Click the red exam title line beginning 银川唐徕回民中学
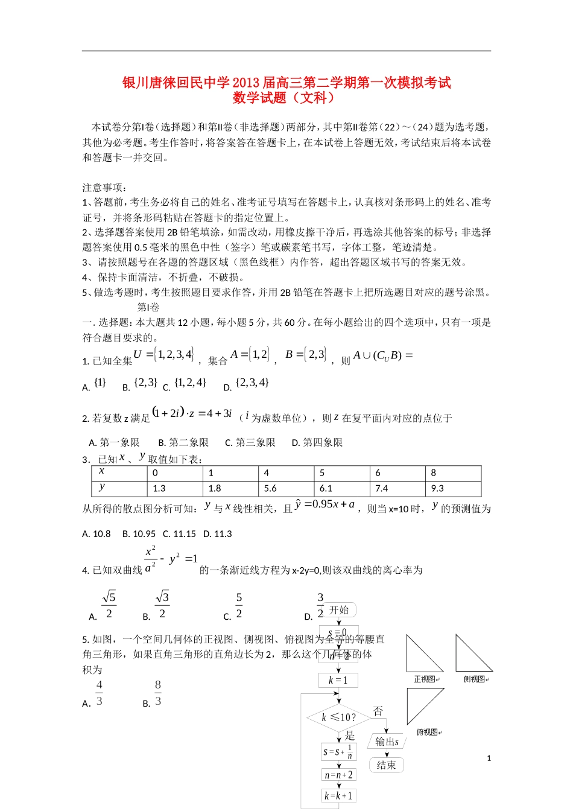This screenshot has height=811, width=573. (286, 83)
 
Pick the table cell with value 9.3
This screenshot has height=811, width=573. (453, 489)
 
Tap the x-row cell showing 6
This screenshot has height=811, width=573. (397, 473)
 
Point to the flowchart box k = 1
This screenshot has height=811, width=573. (338, 680)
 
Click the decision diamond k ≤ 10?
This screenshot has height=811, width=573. (338, 717)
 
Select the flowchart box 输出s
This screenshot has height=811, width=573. (387, 742)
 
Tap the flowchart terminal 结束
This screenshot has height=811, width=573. (386, 765)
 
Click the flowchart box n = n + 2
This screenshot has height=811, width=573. (338, 775)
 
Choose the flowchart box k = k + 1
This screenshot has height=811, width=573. (338, 796)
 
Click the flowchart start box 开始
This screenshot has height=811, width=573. (339, 610)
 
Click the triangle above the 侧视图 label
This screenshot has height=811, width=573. (473, 654)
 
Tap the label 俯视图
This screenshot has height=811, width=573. (427, 733)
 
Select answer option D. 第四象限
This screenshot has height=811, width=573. (317, 443)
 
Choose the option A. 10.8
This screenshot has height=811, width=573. (97, 534)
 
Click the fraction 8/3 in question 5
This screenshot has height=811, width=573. (158, 693)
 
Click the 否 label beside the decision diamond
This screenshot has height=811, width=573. (378, 711)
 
